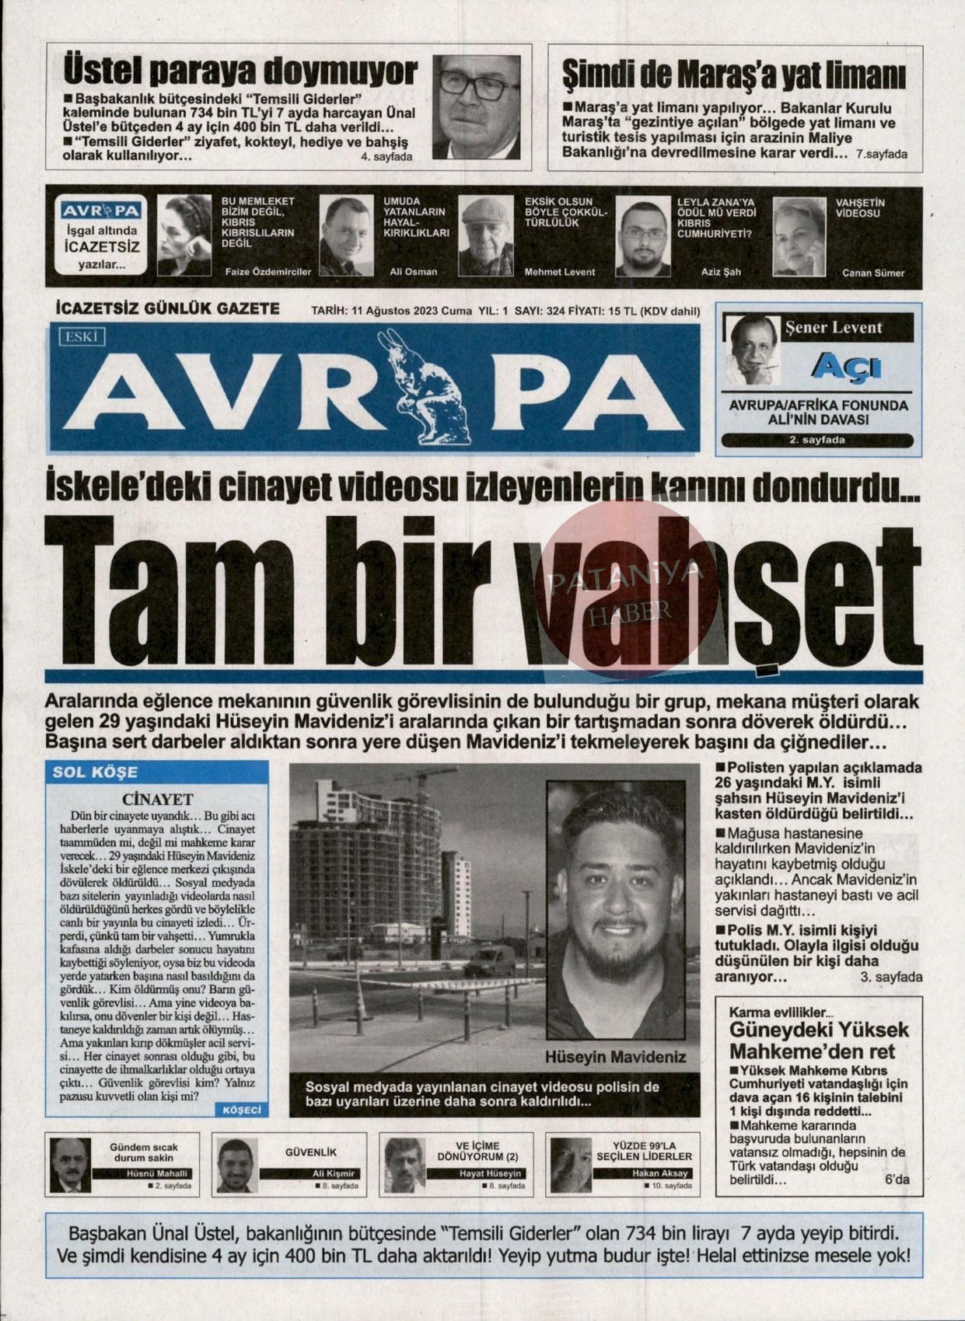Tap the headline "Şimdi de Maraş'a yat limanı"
733,76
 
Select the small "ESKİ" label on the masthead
81,336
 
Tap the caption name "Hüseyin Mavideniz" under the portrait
615,1057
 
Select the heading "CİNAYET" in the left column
157,799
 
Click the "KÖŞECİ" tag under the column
242,1110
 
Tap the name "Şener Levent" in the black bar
834,327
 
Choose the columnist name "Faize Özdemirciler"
267,271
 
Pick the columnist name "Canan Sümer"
873,273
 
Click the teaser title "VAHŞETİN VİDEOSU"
860,207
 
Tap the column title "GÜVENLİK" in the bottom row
311,1152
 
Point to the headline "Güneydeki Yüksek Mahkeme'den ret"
818,1040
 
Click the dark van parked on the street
489,963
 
